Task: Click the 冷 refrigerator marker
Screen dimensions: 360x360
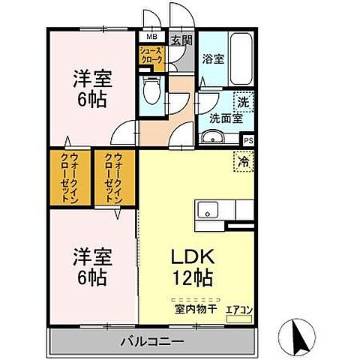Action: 243,159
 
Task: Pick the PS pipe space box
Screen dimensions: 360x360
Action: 248,139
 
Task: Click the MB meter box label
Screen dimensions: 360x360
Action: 151,36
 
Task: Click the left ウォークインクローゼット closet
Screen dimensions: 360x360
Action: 68,178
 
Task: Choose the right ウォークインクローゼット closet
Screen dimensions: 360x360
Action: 114,178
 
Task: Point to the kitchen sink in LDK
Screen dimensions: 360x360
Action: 208,209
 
